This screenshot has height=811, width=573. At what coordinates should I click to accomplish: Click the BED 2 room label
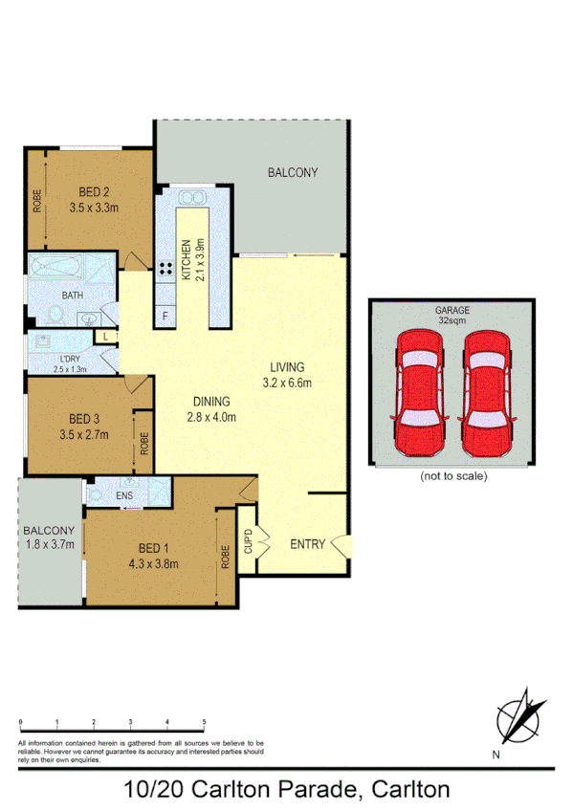87,190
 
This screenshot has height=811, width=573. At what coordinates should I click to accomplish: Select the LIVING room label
286,367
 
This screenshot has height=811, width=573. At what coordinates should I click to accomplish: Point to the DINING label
211,403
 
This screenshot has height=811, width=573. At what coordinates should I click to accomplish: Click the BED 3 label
84,419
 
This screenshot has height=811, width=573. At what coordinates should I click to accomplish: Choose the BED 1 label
153,547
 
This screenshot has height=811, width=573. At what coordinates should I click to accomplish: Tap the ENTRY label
307,544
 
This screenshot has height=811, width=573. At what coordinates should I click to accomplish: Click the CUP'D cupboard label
249,543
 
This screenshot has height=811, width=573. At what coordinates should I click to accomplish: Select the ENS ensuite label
124,497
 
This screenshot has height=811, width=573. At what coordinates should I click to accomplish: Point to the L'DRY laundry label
70,360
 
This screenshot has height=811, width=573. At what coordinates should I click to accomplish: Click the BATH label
72,296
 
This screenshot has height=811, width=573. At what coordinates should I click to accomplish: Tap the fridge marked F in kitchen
165,316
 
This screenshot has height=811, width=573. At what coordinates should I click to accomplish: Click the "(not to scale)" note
453,475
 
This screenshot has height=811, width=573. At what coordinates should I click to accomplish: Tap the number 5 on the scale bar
204,722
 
